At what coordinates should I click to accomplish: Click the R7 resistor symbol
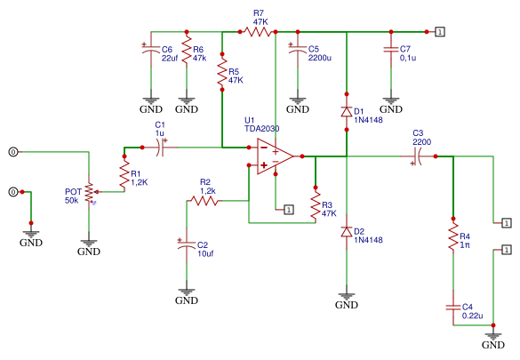pos(258,32)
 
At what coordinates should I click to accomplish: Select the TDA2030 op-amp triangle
pos(273,156)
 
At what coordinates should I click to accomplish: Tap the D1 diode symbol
pos(347,112)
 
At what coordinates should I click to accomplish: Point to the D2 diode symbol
pos(347,232)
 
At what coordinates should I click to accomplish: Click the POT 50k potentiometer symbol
pos(90,193)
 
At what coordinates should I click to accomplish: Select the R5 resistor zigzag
pos(222,72)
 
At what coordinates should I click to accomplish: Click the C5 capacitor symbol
pos(298,49)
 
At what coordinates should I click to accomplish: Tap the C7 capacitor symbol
pos(391,50)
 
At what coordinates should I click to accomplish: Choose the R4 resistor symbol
pos(453,236)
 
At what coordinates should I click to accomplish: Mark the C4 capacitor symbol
pos(453,308)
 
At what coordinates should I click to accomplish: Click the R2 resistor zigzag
pos(204,201)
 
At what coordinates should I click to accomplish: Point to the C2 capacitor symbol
pos(187,245)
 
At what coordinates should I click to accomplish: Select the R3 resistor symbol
pos(316,205)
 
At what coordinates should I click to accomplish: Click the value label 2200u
pos(320,58)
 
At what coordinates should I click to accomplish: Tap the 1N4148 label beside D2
pos(368,240)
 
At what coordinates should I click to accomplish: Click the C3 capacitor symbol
pos(418,156)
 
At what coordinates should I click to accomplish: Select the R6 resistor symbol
pos(187,50)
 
